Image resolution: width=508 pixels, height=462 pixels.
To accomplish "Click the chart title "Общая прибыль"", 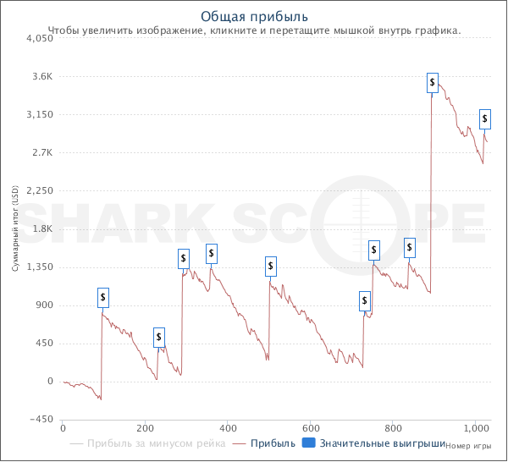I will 254,16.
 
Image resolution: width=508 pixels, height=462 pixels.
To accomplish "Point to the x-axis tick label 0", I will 63,428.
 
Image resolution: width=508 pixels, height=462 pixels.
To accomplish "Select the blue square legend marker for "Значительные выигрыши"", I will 309,443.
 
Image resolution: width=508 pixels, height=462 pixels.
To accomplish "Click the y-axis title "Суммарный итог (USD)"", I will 14,229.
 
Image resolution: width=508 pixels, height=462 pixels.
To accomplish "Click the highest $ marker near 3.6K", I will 433,82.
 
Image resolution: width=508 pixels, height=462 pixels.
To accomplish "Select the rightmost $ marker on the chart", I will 484,118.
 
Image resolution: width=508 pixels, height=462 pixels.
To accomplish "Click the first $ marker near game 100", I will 102,298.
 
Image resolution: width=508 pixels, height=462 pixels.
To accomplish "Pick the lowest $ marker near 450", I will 159,338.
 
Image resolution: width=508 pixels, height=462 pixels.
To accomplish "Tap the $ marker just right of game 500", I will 270,267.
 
